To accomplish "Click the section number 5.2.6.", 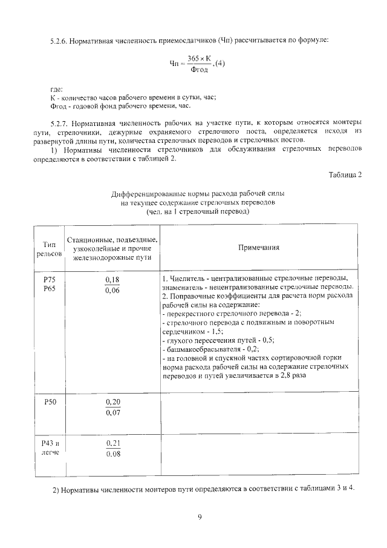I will click(x=59, y=41).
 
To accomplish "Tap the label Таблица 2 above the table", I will click(x=345, y=176).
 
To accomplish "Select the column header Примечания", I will click(x=258, y=247).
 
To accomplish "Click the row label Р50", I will click(x=50, y=402).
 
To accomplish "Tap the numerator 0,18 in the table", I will click(x=112, y=279).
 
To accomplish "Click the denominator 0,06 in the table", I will click(x=112, y=291).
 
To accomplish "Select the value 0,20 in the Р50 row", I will click(x=112, y=402).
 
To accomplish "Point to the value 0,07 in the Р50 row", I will click(x=112, y=414).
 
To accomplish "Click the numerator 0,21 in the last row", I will click(x=112, y=443).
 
